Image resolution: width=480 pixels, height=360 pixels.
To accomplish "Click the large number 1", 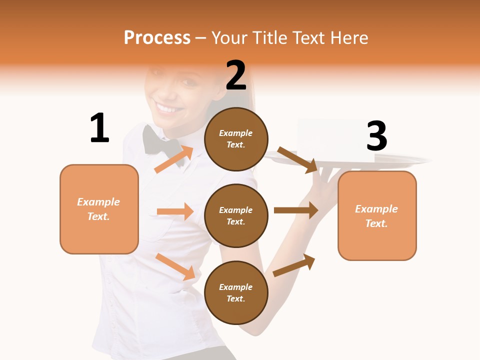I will click(x=99, y=128).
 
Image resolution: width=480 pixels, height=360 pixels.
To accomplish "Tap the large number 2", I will click(x=236, y=75).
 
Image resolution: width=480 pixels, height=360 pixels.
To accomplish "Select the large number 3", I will click(x=376, y=136).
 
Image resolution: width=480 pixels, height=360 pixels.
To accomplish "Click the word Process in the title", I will click(x=157, y=37).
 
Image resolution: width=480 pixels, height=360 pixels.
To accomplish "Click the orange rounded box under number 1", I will click(x=99, y=209).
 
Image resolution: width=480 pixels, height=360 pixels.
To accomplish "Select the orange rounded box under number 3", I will click(x=377, y=215).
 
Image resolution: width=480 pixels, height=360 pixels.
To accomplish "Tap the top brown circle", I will click(x=236, y=138).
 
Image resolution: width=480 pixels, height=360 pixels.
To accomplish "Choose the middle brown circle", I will click(x=236, y=215).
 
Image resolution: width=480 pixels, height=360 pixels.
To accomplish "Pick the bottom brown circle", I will click(x=236, y=292).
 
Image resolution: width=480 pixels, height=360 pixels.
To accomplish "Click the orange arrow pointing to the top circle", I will click(x=174, y=159).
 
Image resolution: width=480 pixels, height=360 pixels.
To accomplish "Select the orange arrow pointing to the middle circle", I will click(x=175, y=211).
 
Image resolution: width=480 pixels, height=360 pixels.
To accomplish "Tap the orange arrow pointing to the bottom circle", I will click(x=175, y=267).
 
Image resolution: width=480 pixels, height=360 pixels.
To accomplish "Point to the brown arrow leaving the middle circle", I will click(x=296, y=210).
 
